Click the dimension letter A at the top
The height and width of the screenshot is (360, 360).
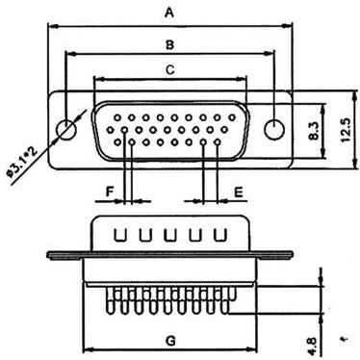coord(169,13)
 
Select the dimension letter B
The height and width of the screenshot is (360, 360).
coord(169,44)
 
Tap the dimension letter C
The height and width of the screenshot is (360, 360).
coord(169,69)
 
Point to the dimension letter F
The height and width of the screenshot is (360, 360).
coord(110,192)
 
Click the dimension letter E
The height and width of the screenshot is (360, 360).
coord(239,193)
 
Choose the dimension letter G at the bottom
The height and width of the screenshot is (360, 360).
coord(171,341)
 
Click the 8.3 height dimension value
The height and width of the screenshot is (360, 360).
coord(314,131)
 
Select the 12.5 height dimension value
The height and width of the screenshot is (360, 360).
coord(346,130)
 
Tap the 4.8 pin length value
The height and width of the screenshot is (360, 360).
coord(313,346)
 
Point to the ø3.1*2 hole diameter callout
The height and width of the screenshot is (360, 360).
coord(22,161)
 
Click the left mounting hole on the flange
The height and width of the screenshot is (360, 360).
coord(66,130)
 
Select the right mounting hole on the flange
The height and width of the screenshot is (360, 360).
coord(274,130)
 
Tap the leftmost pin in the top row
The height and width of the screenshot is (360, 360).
coord(117,117)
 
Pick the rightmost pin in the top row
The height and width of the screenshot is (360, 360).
coord(232,117)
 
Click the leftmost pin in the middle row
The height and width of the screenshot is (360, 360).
coord(110,130)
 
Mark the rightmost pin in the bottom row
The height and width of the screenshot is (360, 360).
coord(218,141)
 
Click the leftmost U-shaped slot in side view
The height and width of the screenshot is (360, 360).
coord(120,235)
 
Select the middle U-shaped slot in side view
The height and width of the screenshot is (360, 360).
coord(170,235)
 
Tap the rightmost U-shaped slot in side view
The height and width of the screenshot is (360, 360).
coord(220,235)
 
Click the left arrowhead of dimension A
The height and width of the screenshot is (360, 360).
coord(52,26)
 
